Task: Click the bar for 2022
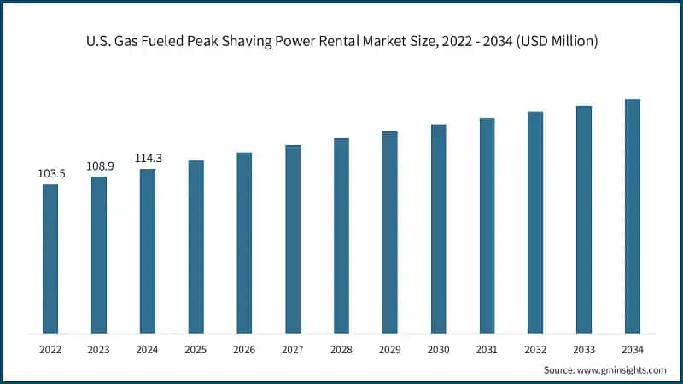coord(50,259)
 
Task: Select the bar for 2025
coord(196,247)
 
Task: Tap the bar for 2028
coord(341,236)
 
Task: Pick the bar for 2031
coord(487,225)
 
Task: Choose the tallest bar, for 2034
coord(633,216)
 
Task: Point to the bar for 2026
coord(244,243)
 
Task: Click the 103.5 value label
coord(50,173)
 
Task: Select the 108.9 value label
coord(99,166)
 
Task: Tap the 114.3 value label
coord(148,158)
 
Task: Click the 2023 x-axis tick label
coord(99,350)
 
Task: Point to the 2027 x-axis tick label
coord(293,350)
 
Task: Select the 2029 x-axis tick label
coord(390,350)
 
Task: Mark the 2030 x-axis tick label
coord(438,350)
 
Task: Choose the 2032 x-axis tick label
coord(535,350)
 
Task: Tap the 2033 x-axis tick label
coord(584,350)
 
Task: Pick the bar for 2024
coord(148,251)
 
